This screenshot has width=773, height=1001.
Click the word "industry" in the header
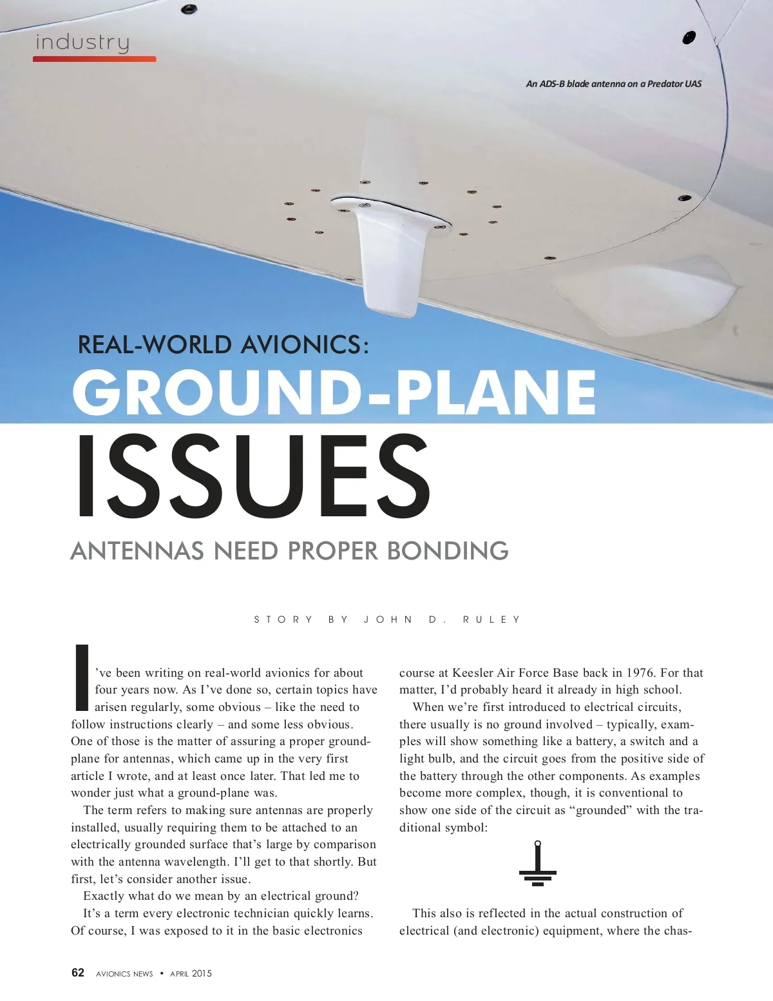pyautogui.click(x=82, y=43)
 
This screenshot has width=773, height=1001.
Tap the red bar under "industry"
pyautogui.click(x=94, y=59)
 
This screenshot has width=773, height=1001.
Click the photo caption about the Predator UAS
pyautogui.click(x=613, y=84)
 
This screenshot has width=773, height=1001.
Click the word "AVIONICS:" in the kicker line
pyautogui.click(x=305, y=345)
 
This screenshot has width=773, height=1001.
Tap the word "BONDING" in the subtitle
pyautogui.click(x=448, y=551)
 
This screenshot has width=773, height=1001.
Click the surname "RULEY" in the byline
pyautogui.click(x=491, y=619)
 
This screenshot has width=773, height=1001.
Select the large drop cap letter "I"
pyautogui.click(x=82, y=676)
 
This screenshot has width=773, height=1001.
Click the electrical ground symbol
pyautogui.click(x=538, y=864)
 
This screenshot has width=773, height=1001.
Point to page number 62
pyautogui.click(x=78, y=973)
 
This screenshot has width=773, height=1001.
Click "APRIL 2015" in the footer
pyautogui.click(x=191, y=973)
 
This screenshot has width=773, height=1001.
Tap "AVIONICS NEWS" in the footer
pyautogui.click(x=124, y=973)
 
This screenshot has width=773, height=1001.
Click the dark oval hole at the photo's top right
pyautogui.click(x=689, y=37)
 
